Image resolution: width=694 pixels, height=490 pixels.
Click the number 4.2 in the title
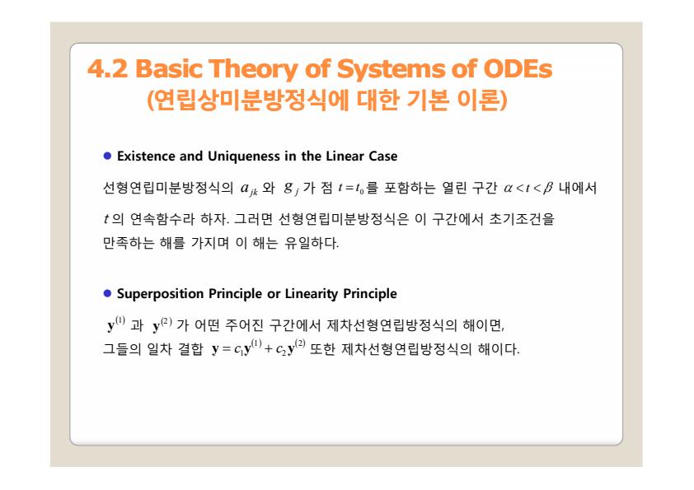(x=107, y=68)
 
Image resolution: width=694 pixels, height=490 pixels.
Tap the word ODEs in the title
(x=518, y=68)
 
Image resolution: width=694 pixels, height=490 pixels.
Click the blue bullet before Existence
(x=107, y=156)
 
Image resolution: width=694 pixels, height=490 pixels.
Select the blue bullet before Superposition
(x=107, y=293)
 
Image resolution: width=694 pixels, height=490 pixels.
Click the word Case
(x=384, y=156)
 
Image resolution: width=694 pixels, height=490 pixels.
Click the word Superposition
(x=160, y=294)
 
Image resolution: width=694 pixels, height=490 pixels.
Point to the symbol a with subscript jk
(x=249, y=189)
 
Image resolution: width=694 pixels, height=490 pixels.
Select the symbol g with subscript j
(x=291, y=189)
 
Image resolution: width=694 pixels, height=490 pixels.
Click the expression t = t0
(x=351, y=189)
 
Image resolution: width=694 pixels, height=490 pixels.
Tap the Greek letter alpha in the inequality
(x=508, y=189)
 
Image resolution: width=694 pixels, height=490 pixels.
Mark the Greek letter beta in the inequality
(x=548, y=189)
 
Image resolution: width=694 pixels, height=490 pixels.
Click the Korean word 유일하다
(x=312, y=242)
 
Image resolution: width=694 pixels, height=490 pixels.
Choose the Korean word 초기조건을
(x=522, y=218)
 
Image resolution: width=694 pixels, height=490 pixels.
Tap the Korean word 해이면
(x=484, y=325)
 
